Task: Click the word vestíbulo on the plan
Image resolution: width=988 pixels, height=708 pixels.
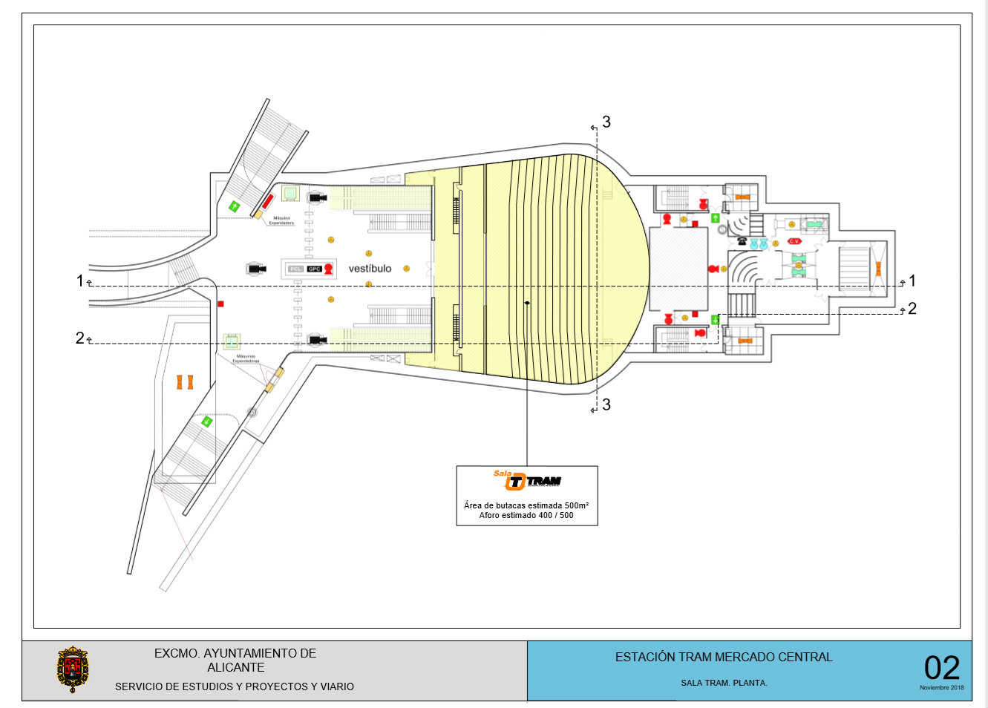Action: click(370, 268)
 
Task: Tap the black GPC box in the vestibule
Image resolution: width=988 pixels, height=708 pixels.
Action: click(314, 269)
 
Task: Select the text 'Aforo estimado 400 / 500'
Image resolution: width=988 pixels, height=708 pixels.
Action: click(526, 515)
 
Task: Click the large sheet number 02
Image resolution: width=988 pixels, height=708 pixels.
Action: click(941, 668)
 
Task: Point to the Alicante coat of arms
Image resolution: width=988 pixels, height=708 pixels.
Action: click(73, 669)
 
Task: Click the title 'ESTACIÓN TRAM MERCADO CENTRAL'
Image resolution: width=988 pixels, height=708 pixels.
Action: click(724, 657)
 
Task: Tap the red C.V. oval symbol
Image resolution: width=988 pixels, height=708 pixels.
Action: click(794, 241)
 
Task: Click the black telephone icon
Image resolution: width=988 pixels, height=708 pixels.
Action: click(741, 241)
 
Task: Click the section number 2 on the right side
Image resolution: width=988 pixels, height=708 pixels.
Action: click(912, 309)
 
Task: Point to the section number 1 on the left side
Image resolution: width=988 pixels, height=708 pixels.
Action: click(80, 281)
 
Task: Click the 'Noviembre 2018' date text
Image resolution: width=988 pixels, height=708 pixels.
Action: click(941, 687)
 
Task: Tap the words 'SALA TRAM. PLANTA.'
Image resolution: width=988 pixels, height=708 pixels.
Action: click(724, 683)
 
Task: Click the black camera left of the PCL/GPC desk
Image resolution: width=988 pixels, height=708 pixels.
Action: click(257, 268)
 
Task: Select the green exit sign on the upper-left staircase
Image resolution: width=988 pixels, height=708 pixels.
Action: click(235, 206)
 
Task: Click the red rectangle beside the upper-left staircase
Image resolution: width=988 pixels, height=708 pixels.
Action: click(268, 200)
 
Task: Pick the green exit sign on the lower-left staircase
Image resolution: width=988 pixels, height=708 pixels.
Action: click(207, 422)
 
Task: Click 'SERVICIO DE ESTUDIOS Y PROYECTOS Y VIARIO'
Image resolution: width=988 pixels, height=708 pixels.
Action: click(235, 686)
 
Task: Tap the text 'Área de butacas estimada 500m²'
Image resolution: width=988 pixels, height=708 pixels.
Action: click(526, 505)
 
